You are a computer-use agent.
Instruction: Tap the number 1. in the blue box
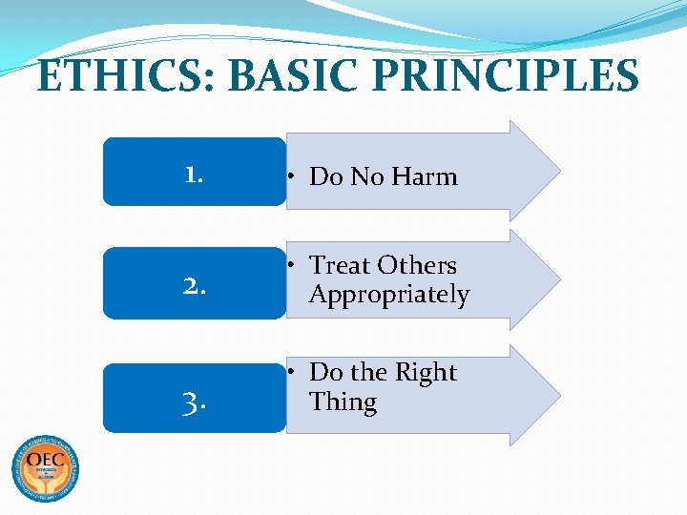195,174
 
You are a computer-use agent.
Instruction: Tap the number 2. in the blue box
195,284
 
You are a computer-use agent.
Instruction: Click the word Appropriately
389,295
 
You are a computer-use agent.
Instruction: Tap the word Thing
343,402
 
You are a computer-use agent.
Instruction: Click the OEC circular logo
45,468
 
